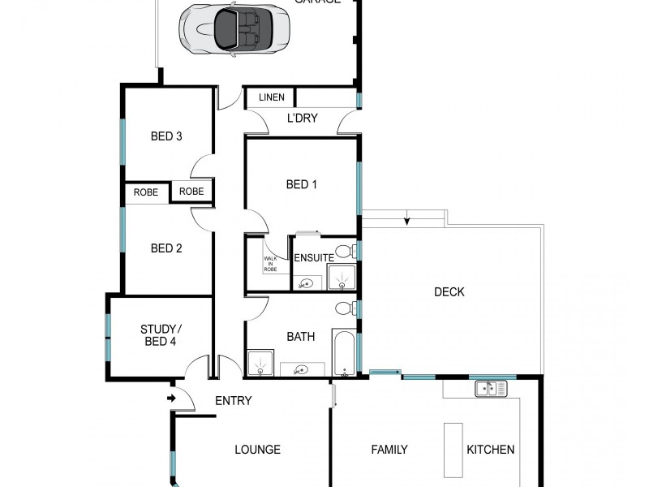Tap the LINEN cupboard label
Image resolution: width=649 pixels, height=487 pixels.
(272, 98)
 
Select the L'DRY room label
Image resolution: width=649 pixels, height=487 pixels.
(302, 119)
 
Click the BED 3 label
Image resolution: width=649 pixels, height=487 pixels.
(166, 136)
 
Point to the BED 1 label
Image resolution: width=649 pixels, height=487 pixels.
(301, 185)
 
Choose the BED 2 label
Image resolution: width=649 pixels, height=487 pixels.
(166, 248)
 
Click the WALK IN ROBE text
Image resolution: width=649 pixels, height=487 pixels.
(269, 263)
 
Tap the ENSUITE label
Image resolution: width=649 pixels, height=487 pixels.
(313, 258)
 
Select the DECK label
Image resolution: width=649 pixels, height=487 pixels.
(449, 292)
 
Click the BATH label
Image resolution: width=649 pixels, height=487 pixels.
(300, 336)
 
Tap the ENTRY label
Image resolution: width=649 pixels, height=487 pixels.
(233, 401)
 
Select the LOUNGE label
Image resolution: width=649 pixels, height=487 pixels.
(257, 450)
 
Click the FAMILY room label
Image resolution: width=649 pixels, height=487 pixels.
(389, 450)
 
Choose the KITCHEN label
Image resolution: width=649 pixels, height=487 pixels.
(490, 450)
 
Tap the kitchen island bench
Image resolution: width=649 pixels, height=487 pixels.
(453, 449)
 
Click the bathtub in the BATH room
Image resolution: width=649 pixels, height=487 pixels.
(345, 353)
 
